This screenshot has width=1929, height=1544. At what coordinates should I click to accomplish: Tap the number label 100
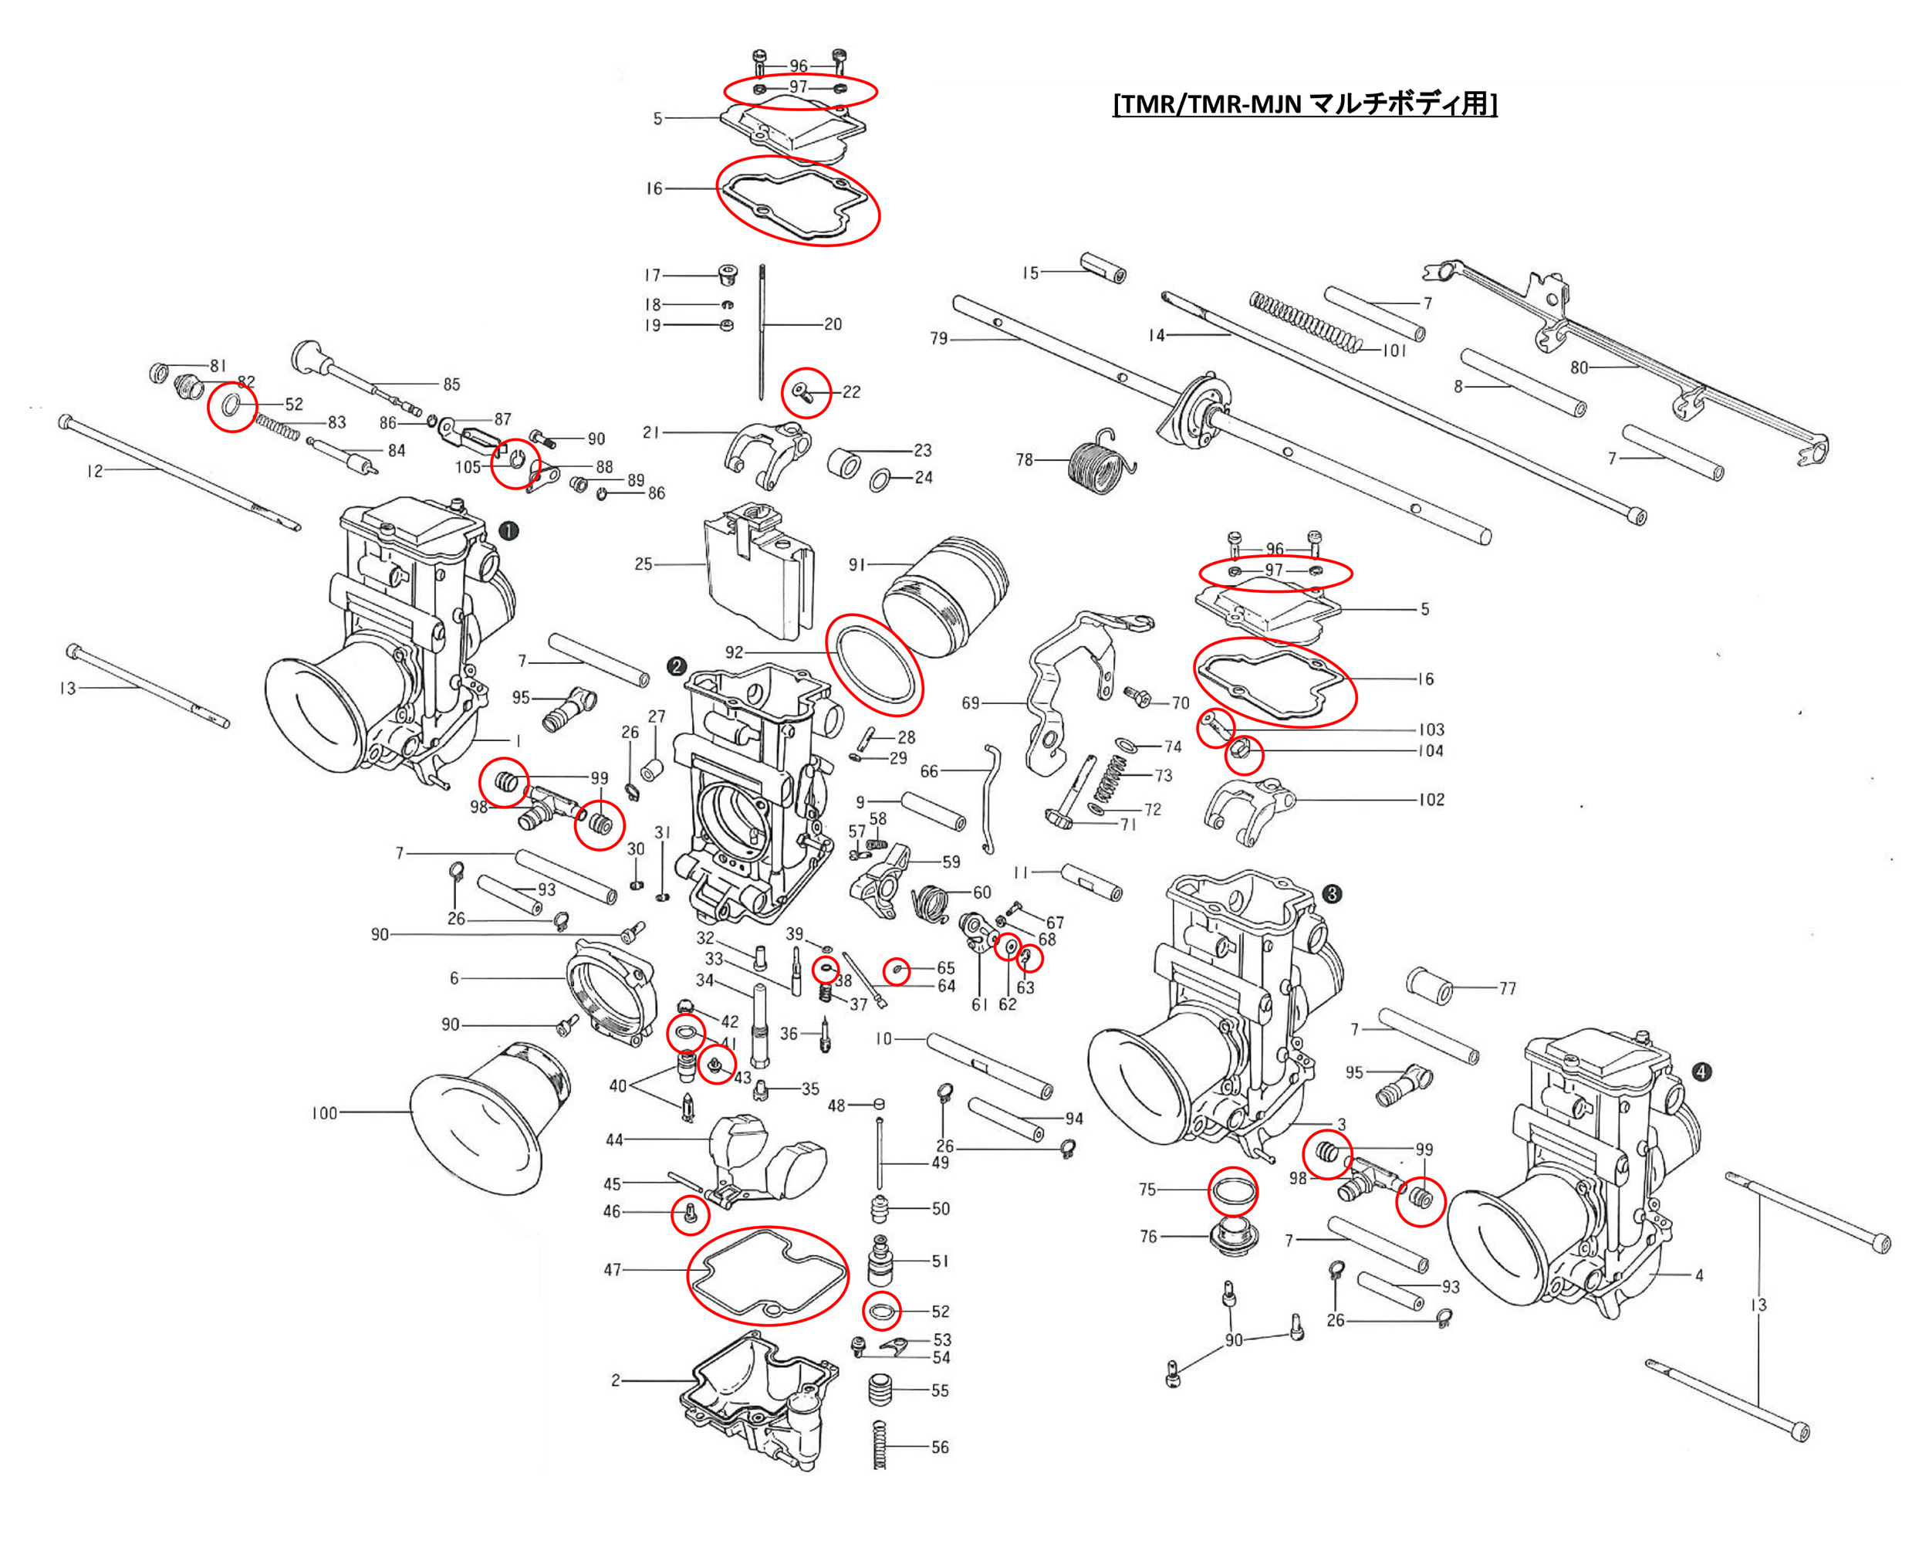click(x=324, y=1113)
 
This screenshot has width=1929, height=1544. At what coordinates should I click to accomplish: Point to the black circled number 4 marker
click(x=1701, y=1072)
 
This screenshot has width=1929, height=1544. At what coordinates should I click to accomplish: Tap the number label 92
click(x=734, y=652)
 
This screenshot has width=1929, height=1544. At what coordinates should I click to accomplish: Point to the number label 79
click(x=938, y=338)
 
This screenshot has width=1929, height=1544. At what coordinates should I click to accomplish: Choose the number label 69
click(x=971, y=703)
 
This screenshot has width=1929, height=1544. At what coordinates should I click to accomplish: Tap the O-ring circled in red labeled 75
click(x=1233, y=1191)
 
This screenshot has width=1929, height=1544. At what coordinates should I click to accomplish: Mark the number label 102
click(x=1431, y=799)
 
